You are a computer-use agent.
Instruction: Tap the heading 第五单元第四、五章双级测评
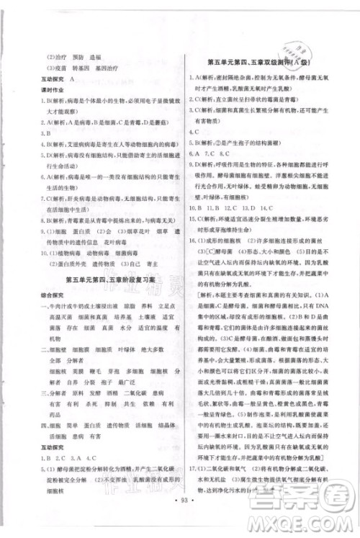pos(258,62)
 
